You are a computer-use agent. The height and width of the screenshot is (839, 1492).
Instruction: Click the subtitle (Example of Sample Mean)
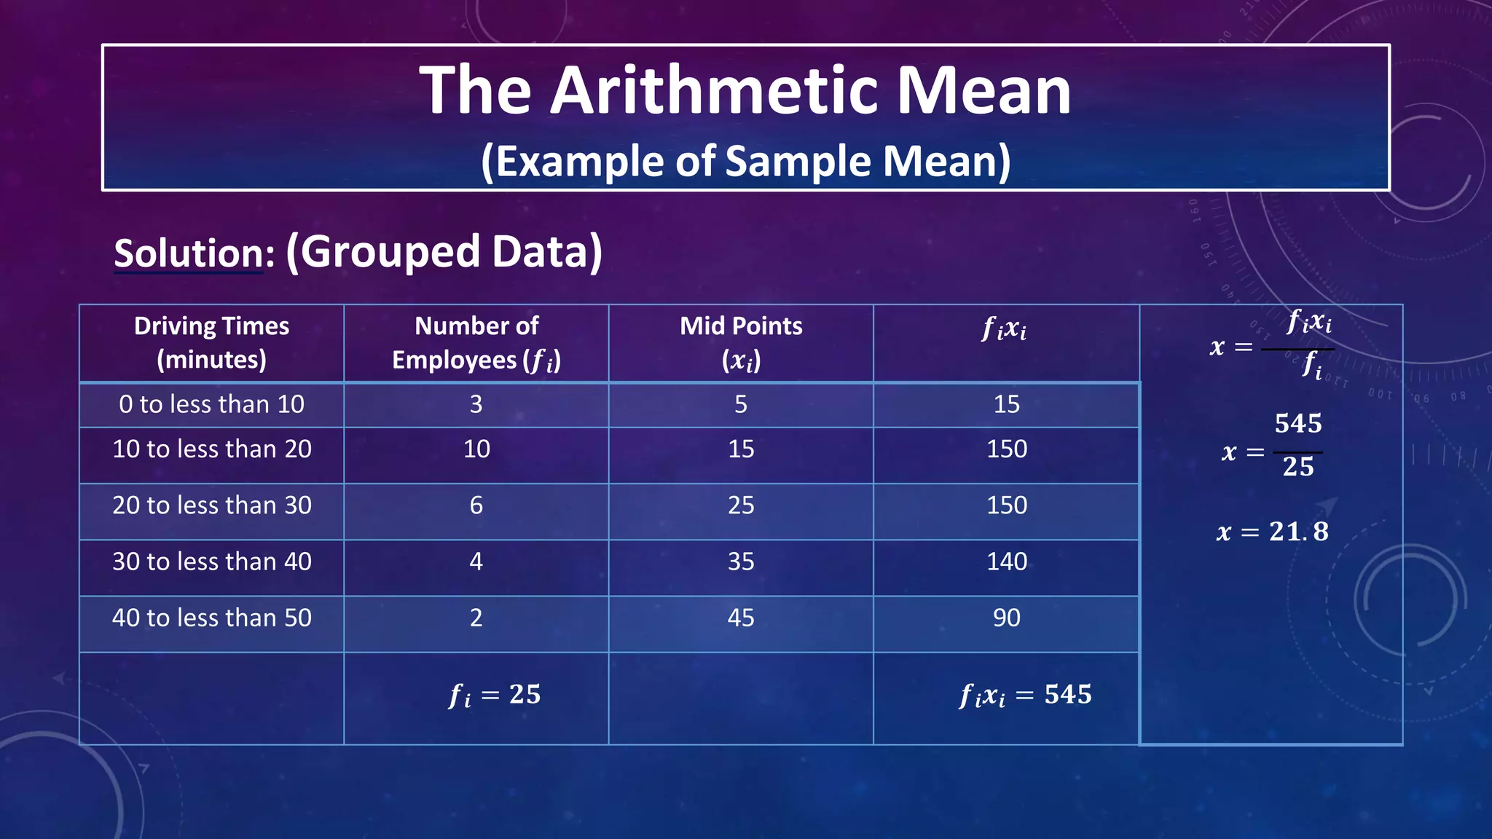coord(745,161)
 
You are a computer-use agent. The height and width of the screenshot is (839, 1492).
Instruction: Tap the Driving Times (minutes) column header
coord(211,342)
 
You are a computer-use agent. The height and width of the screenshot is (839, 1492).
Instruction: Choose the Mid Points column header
coord(741,342)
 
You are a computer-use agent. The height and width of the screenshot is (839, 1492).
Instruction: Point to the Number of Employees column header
coord(476,342)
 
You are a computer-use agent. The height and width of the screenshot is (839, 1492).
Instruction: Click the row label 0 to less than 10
coord(211,404)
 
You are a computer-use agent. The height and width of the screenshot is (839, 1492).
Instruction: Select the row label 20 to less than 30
coord(211,505)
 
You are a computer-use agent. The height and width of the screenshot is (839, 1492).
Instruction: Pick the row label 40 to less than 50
coord(211,618)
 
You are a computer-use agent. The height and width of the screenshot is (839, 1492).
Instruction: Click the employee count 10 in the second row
coord(476,449)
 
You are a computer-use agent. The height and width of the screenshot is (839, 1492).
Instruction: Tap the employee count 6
coord(476,505)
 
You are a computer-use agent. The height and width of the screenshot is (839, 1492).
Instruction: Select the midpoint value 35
coord(741,562)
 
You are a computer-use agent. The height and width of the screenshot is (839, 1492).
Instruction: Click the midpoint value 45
coord(741,618)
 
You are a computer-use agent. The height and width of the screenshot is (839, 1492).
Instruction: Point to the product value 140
coord(1007,562)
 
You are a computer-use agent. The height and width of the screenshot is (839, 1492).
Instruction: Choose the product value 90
coord(1007,618)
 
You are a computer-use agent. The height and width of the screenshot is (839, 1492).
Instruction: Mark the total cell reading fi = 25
coord(495,695)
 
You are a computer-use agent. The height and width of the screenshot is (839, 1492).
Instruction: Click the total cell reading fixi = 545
coord(1025,695)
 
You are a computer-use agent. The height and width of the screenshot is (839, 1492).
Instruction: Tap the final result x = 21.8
coord(1272,532)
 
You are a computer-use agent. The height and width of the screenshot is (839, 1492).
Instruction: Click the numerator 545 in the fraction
coord(1298,423)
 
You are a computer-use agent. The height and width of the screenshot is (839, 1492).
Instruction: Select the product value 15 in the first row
coord(1007,404)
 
